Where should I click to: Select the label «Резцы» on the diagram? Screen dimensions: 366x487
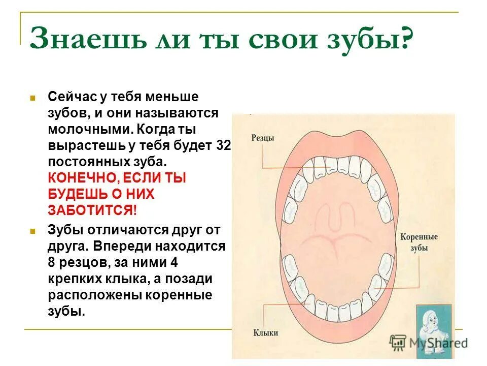tap(262, 138)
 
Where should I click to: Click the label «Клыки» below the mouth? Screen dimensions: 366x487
tap(265, 333)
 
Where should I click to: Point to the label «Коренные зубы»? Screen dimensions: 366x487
tap(419, 242)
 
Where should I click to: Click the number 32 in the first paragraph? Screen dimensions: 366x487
tap(223, 146)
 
